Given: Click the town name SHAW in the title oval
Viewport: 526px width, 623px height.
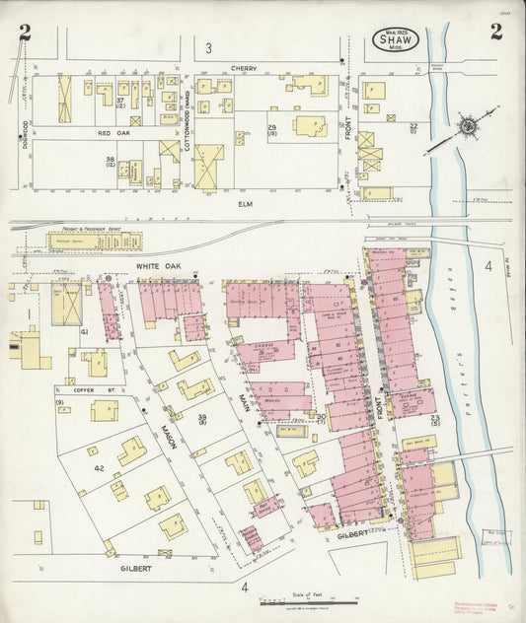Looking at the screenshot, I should click(397, 40).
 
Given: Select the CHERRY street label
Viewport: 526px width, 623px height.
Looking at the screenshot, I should click(244, 69).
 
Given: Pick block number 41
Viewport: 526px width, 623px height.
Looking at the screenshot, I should click(86, 332).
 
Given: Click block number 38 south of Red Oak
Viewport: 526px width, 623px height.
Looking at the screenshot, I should click(111, 160).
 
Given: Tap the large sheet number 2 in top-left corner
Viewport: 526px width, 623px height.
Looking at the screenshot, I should click(25, 34).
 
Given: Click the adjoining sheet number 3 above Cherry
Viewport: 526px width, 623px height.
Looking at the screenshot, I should click(208, 47).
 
